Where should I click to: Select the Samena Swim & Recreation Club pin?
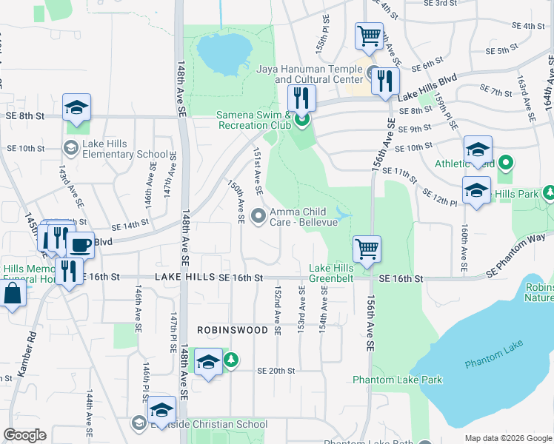(301, 118)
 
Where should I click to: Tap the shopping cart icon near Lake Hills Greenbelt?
(367, 249)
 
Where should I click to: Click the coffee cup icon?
(80, 244)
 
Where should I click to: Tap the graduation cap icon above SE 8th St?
(76, 108)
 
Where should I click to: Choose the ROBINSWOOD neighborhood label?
(232, 329)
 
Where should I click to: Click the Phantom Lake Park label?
(397, 380)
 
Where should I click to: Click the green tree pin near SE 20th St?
(232, 360)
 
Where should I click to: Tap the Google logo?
(25, 435)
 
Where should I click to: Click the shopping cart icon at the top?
(368, 35)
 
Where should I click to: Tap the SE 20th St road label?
(276, 371)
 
